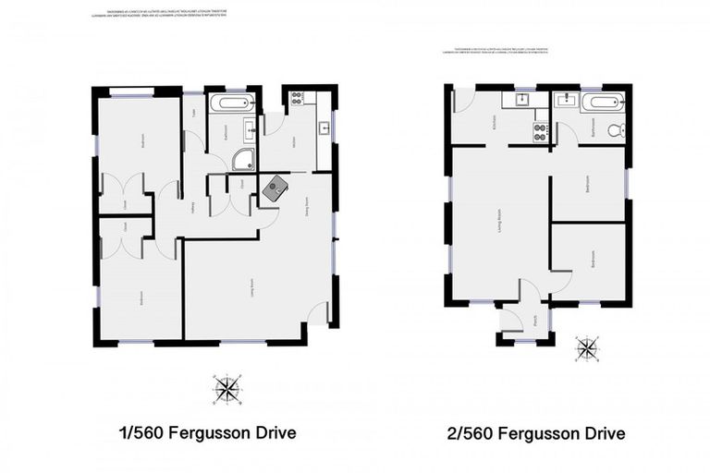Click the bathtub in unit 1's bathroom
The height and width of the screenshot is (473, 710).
pos(227,103)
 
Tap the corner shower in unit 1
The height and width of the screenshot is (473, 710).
pos(243,161)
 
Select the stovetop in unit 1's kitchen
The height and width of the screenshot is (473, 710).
pos(298,97)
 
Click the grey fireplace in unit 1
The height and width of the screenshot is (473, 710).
pos(275,189)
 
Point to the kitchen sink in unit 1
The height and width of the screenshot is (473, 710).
pos(324,127)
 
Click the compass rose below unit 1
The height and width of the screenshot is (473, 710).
pos(226,388)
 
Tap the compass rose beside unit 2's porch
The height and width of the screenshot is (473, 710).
pos(586,348)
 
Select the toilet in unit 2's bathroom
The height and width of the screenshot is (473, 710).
pos(616,130)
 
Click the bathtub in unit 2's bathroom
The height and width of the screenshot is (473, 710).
pos(602,103)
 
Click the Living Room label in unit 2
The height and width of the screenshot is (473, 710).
pos(500,223)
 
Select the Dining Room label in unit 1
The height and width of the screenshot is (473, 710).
pos(306,204)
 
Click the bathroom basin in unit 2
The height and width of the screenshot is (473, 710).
pos(566,101)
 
